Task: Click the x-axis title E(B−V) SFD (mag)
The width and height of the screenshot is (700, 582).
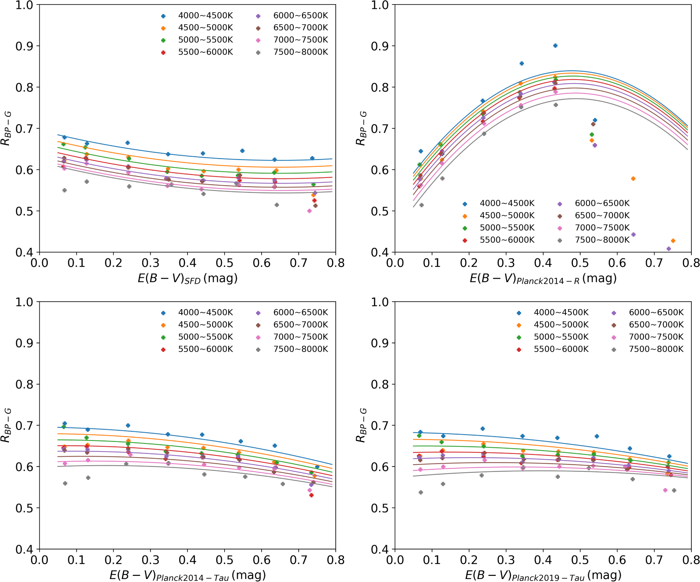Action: tap(188, 278)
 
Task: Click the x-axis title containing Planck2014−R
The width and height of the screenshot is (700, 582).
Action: tap(543, 278)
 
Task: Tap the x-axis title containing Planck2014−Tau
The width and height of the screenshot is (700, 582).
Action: tap(188, 575)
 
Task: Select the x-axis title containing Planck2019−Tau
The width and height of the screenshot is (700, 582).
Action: tap(543, 575)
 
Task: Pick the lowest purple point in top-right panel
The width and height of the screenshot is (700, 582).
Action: tap(669, 249)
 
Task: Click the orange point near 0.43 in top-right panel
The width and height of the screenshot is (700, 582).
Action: tap(673, 241)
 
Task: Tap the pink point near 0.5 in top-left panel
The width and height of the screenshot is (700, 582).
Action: tap(309, 211)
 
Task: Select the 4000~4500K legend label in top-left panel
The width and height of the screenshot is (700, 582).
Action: tap(205, 16)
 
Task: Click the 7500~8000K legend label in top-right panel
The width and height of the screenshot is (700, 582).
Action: tap(602, 240)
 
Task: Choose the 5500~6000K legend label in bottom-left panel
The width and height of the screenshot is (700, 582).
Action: tap(205, 349)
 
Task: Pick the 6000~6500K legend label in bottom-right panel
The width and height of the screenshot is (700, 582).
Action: tap(656, 312)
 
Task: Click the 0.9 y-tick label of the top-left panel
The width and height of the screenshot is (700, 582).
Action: tap(24, 46)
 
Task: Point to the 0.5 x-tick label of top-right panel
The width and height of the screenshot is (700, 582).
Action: tap(580, 263)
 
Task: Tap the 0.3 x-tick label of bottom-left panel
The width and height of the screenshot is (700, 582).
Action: tap(150, 560)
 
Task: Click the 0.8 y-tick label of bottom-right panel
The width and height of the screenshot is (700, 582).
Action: tap(380, 384)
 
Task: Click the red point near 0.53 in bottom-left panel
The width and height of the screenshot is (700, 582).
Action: tap(311, 495)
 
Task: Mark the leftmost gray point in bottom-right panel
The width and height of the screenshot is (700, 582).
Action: tap(421, 492)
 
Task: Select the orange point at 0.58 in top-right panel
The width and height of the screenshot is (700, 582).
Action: tap(633, 179)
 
